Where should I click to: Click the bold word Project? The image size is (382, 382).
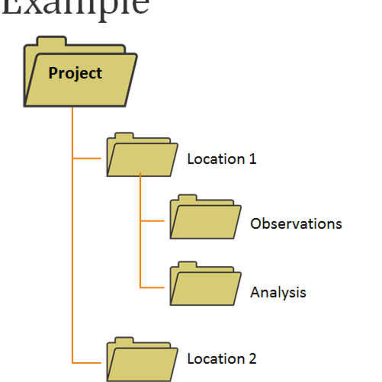point(75,73)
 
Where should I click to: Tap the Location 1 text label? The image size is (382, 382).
point(222,159)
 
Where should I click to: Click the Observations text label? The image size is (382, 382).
point(296,224)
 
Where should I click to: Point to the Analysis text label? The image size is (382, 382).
point(278,293)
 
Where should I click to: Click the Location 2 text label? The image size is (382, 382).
point(222,359)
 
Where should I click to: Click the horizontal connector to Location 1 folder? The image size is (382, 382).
point(87,158)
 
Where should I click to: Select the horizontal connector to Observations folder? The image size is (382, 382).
point(152,220)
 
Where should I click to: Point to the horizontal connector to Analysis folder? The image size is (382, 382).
point(152,287)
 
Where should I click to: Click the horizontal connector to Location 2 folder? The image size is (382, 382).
point(87,363)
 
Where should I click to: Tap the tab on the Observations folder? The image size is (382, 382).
point(187,198)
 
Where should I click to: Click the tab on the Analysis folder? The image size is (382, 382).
point(187,265)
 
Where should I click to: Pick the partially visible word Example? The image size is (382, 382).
point(75,7)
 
